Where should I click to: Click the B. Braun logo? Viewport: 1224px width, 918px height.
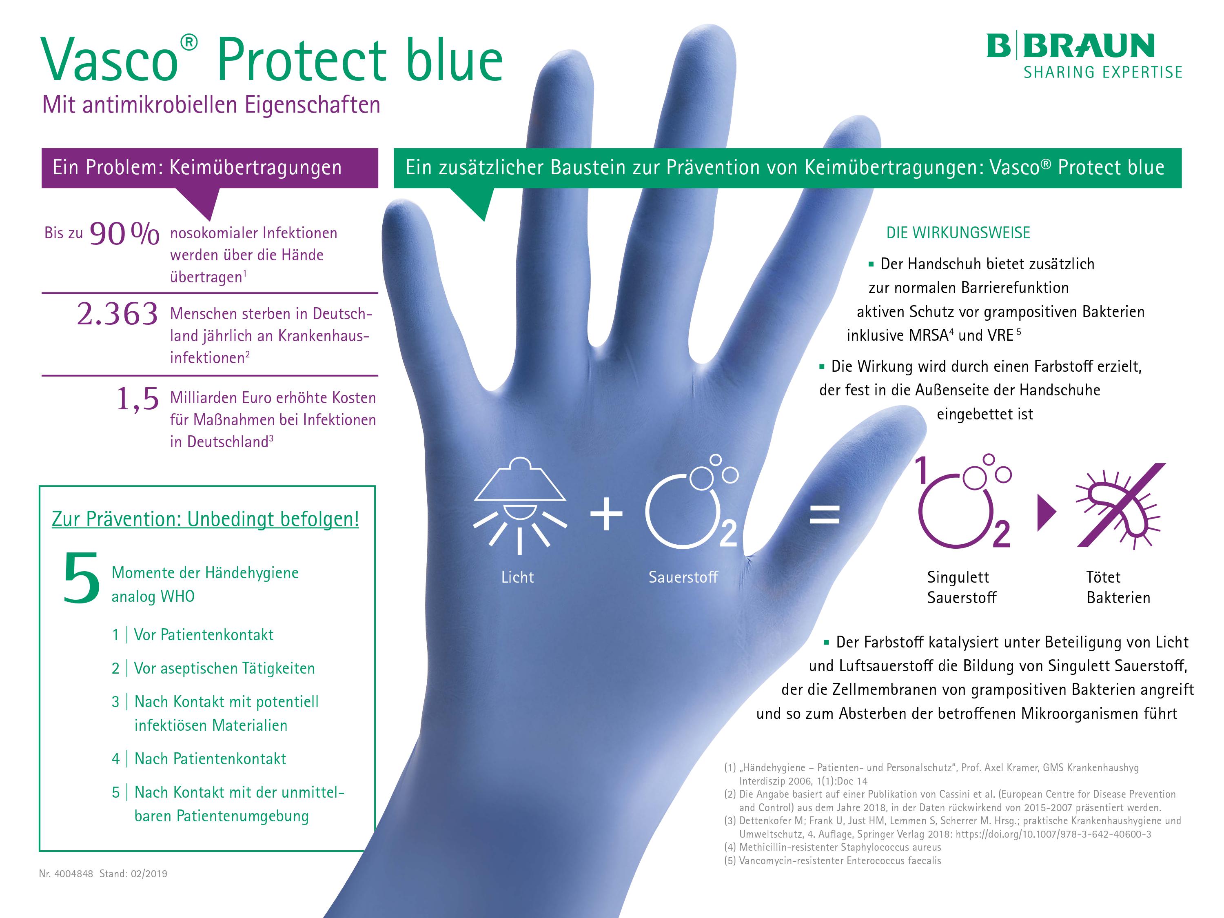pos(1084,55)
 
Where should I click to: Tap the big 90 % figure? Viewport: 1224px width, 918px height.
pos(124,233)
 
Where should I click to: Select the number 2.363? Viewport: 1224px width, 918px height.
pos(118,314)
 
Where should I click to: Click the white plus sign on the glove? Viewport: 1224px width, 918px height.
pos(606,514)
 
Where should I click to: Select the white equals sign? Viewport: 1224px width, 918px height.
pos(825,514)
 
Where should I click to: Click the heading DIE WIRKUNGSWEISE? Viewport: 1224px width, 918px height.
pos(958,233)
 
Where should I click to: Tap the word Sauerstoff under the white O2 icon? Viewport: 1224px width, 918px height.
pos(683,577)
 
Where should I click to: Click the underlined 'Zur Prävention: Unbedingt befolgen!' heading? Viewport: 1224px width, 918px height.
pos(205,519)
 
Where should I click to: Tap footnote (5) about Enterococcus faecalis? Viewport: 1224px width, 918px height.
pos(832,860)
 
